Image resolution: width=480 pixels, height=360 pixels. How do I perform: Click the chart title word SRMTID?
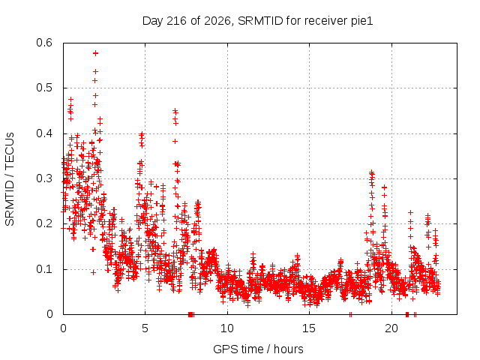(x=260, y=21)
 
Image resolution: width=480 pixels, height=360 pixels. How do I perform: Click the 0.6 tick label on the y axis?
(x=44, y=43)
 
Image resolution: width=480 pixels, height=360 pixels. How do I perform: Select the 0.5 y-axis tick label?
(x=44, y=88)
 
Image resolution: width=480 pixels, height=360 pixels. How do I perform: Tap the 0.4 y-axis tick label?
(x=44, y=133)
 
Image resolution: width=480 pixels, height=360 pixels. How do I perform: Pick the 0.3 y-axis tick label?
(x=44, y=178)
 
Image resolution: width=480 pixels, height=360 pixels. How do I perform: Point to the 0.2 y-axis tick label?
(x=44, y=223)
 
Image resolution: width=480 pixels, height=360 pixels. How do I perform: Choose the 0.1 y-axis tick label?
(x=44, y=269)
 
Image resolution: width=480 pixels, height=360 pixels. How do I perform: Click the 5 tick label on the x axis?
(x=145, y=328)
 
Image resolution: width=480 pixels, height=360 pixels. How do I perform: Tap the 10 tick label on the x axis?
(x=227, y=328)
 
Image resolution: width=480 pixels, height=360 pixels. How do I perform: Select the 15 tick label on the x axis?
(x=309, y=328)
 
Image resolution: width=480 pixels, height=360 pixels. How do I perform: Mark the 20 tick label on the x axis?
(x=391, y=328)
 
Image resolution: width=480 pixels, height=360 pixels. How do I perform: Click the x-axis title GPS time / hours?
(x=258, y=349)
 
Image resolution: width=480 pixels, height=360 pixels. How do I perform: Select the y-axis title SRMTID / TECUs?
(x=10, y=179)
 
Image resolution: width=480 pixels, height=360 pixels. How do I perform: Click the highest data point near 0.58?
(x=95, y=53)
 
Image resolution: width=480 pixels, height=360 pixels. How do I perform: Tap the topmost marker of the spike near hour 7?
(x=175, y=110)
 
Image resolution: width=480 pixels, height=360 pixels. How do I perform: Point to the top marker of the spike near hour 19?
(x=372, y=172)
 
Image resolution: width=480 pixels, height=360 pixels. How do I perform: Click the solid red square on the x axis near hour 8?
(x=190, y=314)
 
